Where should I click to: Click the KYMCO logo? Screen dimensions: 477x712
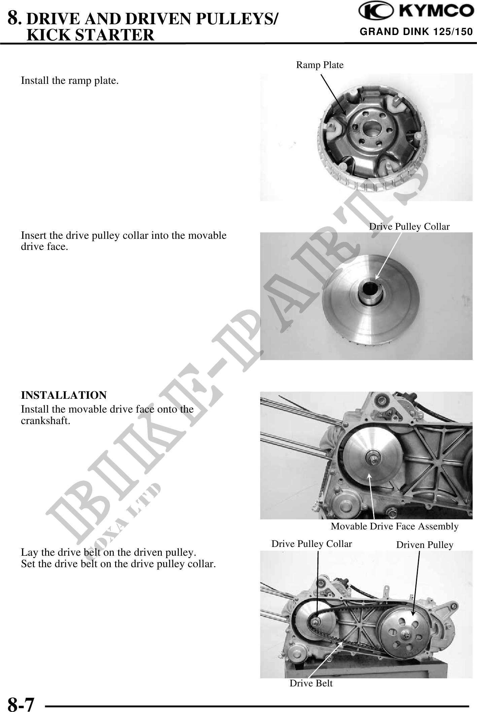[x=416, y=11]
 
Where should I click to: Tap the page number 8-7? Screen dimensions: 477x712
[x=21, y=703]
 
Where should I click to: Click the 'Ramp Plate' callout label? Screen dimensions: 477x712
[x=320, y=65]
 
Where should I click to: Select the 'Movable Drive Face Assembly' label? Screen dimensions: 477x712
[x=395, y=526]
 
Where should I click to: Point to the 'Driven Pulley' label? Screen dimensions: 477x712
[x=425, y=545]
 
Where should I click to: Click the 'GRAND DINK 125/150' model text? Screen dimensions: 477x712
[x=416, y=32]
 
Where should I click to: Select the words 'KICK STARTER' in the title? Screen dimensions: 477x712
[x=90, y=35]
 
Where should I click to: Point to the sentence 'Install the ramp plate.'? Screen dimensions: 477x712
[x=70, y=81]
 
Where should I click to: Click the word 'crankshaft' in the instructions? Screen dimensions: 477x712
[x=45, y=421]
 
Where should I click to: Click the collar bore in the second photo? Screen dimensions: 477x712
[x=370, y=288]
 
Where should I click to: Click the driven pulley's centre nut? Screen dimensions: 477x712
[x=406, y=635]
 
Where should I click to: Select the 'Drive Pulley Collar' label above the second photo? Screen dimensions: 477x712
[x=409, y=226]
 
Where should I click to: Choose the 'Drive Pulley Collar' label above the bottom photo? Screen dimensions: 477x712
[x=312, y=544]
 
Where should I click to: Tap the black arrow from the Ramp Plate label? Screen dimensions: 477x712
[x=333, y=95]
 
